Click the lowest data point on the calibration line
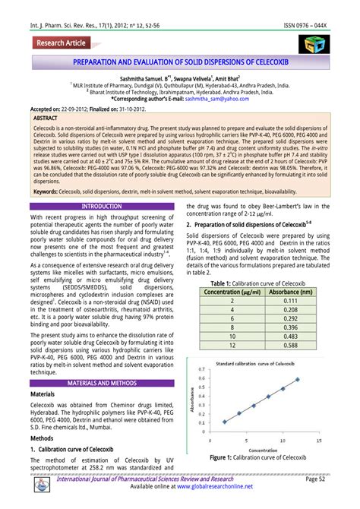pyautogui.click(x=225, y=421)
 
